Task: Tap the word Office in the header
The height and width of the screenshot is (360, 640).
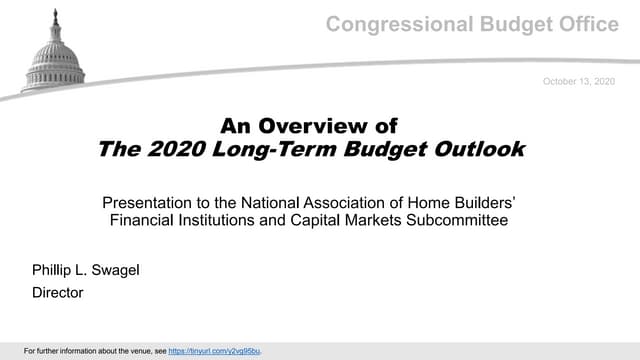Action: tap(588, 25)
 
